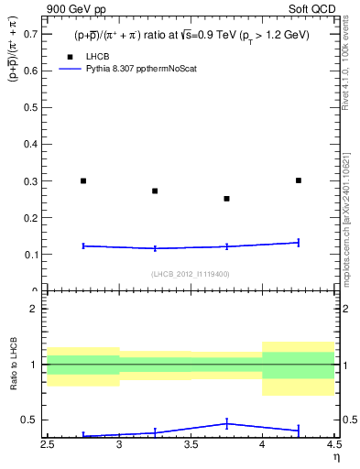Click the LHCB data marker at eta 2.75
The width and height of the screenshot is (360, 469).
click(83, 180)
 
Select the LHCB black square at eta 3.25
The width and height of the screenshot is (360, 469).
click(155, 191)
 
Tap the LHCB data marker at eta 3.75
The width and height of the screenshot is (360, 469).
click(227, 198)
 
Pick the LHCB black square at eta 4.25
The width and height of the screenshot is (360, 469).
click(299, 180)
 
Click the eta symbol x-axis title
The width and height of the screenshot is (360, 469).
click(336, 457)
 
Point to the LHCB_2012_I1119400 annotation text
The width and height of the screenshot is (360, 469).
click(191, 274)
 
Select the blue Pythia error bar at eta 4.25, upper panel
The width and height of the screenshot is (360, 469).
click(299, 243)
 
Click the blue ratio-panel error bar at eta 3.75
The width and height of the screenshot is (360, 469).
click(227, 423)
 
